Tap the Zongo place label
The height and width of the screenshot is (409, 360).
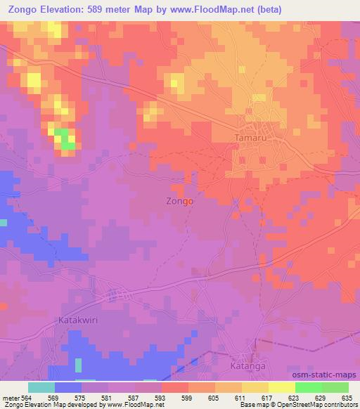181,200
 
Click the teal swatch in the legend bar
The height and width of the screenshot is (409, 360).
41,387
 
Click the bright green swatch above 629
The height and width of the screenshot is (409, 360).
309,387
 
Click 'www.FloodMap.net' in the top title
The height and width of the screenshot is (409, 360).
230,9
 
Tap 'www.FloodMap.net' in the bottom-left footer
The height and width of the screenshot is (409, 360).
133,405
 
